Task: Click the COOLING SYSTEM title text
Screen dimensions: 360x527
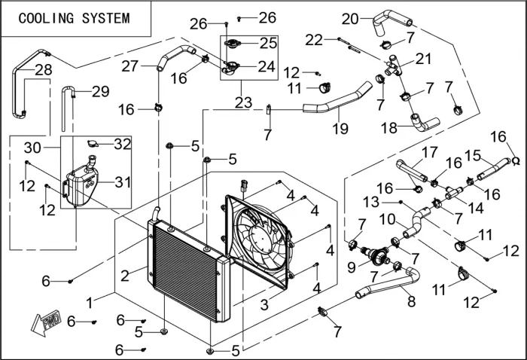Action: coord(74,18)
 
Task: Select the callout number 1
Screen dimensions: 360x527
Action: coord(89,302)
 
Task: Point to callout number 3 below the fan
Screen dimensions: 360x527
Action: coord(264,304)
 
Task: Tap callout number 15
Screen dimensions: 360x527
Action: coord(473,154)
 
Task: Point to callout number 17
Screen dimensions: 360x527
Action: coord(429,152)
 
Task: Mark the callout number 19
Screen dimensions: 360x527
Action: coord(340,129)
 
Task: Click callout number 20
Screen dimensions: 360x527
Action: coord(351,18)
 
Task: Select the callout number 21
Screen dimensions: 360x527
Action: coord(425,59)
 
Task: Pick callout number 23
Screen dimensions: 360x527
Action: coord(242,100)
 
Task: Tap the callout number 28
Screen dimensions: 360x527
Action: coord(23,70)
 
